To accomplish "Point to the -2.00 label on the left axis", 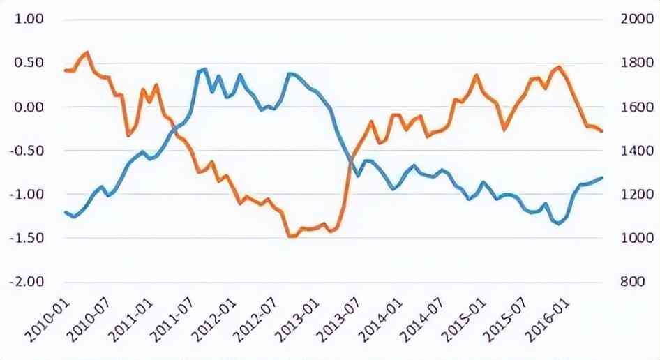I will click(x=27, y=281).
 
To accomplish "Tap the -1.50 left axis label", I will click(x=27, y=238).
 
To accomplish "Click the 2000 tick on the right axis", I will click(x=633, y=20).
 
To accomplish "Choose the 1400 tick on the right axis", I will click(x=633, y=151).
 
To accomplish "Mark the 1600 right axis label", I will click(x=633, y=107).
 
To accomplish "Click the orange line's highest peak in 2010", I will click(x=87, y=52).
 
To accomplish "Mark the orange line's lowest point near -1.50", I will click(x=291, y=237).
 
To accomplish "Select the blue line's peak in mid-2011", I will click(x=204, y=69).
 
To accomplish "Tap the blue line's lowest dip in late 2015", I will click(x=558, y=223).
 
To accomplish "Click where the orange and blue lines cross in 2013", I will click(x=350, y=163).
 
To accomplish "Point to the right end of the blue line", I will click(x=602, y=177).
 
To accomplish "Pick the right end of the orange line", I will click(x=602, y=131).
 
